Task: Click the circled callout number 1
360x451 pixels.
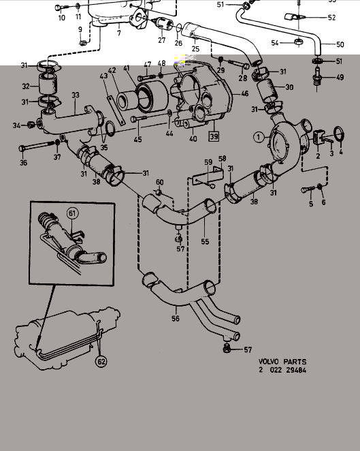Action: click(259, 137)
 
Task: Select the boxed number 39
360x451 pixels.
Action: click(214, 136)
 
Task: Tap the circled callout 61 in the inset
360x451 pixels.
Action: click(72, 213)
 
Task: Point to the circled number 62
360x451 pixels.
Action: click(101, 361)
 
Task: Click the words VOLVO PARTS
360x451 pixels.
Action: click(282, 362)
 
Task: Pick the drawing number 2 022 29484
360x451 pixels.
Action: click(282, 370)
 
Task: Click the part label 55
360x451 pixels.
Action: click(205, 241)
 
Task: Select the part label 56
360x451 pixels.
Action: click(176, 318)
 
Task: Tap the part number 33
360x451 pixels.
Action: click(76, 95)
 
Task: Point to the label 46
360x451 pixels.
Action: click(245, 93)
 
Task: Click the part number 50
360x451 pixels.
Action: click(340, 44)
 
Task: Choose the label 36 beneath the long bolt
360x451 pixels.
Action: click(24, 163)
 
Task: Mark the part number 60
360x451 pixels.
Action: click(160, 182)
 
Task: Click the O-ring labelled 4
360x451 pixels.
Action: click(339, 134)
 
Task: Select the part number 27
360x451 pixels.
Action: click(162, 40)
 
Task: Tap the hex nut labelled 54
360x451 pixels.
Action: click(299, 42)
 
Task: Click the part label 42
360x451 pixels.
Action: click(112, 70)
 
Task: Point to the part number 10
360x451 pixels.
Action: click(62, 18)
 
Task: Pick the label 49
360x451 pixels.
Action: click(340, 78)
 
